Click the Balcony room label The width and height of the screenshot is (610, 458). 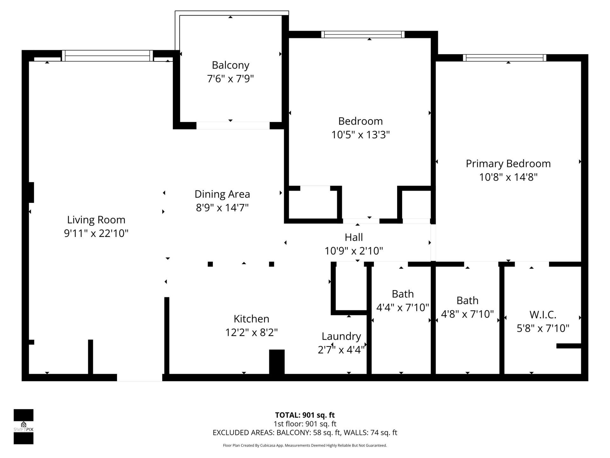click(x=230, y=65)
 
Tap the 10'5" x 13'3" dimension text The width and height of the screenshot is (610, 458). click(x=360, y=135)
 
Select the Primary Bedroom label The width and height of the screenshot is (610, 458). click(x=508, y=163)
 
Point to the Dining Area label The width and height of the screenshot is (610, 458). click(x=222, y=194)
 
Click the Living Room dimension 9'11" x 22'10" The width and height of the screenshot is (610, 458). click(x=96, y=233)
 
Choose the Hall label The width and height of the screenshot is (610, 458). click(x=354, y=237)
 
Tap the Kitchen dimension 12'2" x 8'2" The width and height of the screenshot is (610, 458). click(x=251, y=333)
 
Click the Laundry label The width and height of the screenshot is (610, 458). click(x=341, y=336)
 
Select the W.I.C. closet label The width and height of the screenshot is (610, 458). click(x=543, y=315)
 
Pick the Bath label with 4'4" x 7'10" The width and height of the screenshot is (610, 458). click(x=403, y=294)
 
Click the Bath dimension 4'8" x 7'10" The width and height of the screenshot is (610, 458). click(x=467, y=314)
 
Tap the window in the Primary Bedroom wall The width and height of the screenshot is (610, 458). click(x=504, y=58)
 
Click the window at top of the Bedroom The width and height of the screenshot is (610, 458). click(x=363, y=34)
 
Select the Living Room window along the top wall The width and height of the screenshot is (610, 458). click(x=107, y=56)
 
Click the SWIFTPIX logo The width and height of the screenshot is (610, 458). click(x=24, y=426)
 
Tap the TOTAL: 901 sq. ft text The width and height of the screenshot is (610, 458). click(x=305, y=415)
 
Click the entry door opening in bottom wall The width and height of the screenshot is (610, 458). click(x=139, y=378)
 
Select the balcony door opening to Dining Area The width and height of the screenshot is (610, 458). click(x=233, y=126)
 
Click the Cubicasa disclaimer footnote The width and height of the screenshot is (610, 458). click(x=305, y=446)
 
